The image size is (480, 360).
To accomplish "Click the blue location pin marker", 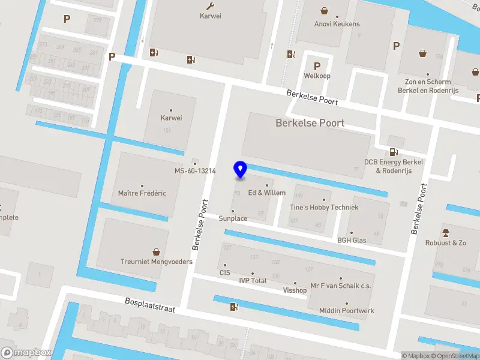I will (x=240, y=170).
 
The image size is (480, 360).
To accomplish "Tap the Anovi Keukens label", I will (x=337, y=24).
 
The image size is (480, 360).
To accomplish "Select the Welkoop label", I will (x=317, y=76).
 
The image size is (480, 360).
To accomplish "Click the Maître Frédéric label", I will (x=142, y=193).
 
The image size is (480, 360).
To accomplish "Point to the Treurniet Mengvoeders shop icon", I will (x=157, y=252).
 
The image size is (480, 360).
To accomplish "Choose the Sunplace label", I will (x=233, y=218).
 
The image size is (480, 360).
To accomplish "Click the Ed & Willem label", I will (x=267, y=193).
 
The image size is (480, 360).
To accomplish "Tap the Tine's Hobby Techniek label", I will (x=324, y=207).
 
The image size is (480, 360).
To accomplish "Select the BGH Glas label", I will (x=352, y=241).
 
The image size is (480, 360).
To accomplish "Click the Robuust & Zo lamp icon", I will (x=445, y=233).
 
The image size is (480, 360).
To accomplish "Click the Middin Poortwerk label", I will (x=346, y=311).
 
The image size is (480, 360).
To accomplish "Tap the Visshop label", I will (x=295, y=290).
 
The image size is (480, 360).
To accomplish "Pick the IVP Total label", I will (x=253, y=280).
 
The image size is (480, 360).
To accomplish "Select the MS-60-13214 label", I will (x=195, y=171).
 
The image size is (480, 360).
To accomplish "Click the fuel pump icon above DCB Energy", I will (x=394, y=152).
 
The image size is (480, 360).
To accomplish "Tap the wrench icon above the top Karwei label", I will (x=210, y=6).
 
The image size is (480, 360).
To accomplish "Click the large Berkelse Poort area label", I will (x=310, y=123).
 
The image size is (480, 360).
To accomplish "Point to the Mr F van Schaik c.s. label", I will (x=341, y=286).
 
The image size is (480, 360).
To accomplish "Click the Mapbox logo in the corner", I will (x=26, y=353).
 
